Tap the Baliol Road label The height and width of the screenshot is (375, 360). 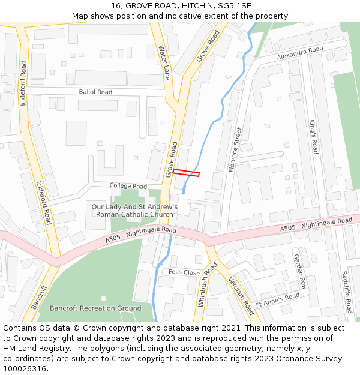95,92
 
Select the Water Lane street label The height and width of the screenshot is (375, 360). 164,62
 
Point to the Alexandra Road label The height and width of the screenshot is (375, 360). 299,53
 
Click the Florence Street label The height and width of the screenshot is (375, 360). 235,150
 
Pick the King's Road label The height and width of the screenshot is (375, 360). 314,137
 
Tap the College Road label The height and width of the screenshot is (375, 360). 128,186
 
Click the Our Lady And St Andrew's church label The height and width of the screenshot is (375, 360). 134,211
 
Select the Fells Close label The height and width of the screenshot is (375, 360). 184,272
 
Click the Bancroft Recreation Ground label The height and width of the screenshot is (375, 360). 95,308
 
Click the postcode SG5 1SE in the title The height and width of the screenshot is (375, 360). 235,6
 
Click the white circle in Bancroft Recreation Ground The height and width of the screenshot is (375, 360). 103,298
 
